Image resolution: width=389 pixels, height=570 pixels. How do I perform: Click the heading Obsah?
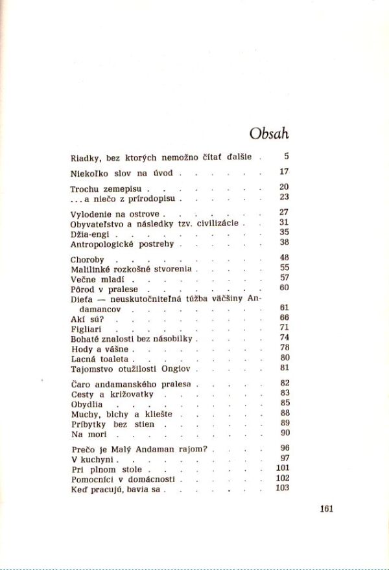click(269, 133)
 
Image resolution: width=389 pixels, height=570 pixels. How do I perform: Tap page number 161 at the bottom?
click(326, 508)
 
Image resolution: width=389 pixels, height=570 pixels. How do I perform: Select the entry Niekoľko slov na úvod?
click(122, 174)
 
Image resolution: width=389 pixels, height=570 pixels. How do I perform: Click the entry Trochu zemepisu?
click(106, 189)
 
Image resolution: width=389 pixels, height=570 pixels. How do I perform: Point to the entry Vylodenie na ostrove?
click(117, 213)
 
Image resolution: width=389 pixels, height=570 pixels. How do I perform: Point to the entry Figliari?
click(88, 329)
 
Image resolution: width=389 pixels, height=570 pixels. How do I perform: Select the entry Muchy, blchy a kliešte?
click(119, 413)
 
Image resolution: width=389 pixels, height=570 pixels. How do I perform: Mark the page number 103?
click(282, 488)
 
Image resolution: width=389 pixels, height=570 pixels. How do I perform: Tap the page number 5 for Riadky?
click(286, 156)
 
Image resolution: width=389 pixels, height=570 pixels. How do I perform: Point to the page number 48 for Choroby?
click(284, 257)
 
